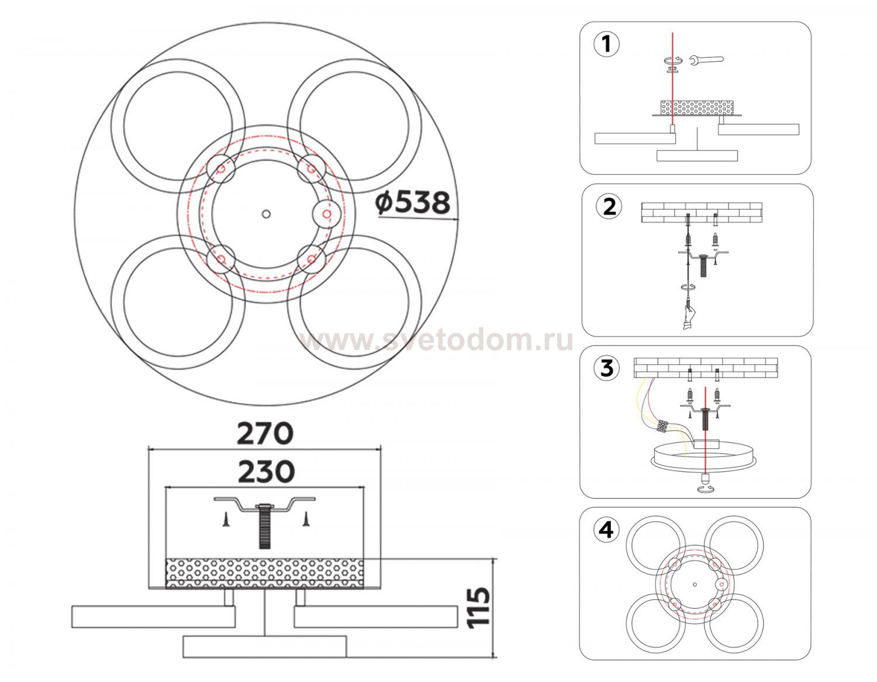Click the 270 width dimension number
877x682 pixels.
tap(265, 434)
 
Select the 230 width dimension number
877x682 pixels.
tap(266, 472)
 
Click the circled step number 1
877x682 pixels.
tap(607, 44)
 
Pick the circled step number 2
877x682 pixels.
tap(609, 206)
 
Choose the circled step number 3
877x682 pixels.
tap(607, 368)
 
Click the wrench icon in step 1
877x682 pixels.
tap(706, 60)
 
